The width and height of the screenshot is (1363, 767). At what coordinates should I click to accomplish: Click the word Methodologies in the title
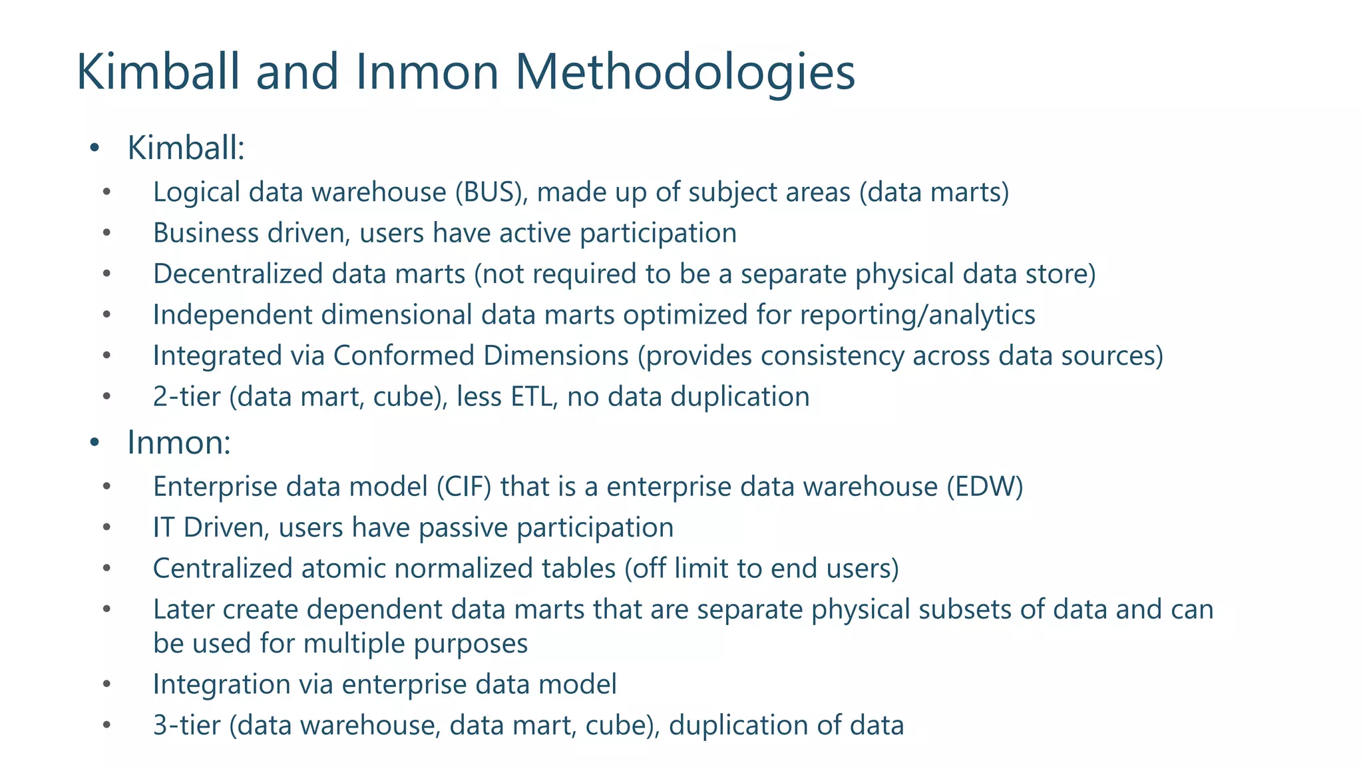(685, 72)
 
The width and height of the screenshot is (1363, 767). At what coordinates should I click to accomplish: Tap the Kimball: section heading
(186, 148)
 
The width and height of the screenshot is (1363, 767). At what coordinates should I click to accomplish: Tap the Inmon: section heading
(178, 443)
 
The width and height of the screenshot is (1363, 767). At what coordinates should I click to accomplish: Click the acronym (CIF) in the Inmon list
(464, 487)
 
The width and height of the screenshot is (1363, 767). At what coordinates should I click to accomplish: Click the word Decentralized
(238, 274)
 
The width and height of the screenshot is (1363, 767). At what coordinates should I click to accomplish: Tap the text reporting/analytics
(917, 315)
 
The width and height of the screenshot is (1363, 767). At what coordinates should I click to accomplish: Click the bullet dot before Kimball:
(95, 147)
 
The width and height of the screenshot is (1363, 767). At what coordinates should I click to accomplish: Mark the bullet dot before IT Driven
(106, 528)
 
